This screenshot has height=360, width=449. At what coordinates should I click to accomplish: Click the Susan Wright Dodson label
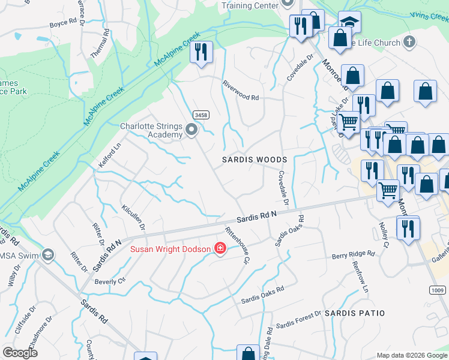coord(171,249)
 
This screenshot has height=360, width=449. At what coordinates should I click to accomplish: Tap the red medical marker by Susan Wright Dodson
coord(220,249)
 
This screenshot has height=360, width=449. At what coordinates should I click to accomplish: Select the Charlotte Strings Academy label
coord(151,130)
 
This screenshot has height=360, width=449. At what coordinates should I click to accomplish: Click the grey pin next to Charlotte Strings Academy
coord(191,130)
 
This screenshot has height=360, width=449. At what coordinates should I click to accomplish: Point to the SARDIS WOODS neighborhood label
coord(255,160)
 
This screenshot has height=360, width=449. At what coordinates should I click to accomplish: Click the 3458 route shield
coord(200,115)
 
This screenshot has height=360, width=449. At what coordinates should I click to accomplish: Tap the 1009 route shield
coord(438,290)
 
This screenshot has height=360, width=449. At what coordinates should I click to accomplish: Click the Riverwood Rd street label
coord(240,91)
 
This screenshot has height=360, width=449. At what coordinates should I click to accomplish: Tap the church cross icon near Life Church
coord(409,42)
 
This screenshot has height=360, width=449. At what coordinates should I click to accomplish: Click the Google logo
coord(20,353)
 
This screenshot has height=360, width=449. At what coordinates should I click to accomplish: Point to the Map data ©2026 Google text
coord(412,355)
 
